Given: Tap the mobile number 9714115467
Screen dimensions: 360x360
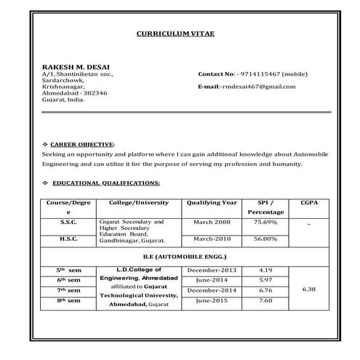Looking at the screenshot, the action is tap(252, 74).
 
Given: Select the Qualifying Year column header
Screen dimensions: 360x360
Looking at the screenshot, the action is tap(212, 202).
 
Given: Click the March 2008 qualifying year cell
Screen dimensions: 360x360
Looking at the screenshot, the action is tap(212, 221).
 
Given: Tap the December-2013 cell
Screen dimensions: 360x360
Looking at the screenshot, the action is tap(212, 270).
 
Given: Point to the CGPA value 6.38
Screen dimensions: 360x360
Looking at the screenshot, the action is tap(308, 289).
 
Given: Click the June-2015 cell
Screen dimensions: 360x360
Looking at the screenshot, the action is tap(212, 300).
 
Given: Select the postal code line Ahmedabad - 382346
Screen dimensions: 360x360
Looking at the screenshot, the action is tap(75, 93).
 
